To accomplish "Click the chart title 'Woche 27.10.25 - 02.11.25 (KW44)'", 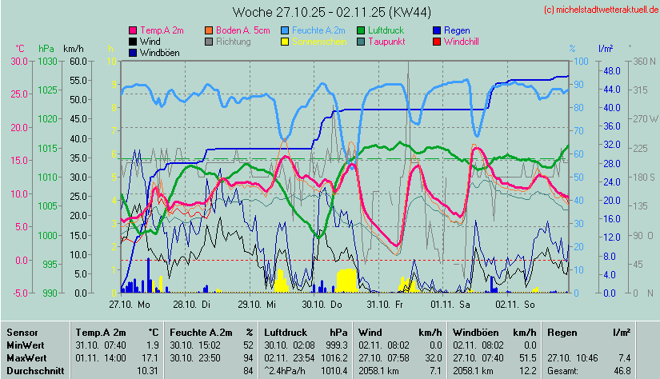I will point(323,12).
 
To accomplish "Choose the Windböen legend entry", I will point(158,52).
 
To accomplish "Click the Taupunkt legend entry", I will point(386,41).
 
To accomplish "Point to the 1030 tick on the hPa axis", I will point(47,61).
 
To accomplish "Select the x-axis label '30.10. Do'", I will point(322,304).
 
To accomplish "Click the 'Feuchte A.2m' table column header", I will point(201,332).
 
